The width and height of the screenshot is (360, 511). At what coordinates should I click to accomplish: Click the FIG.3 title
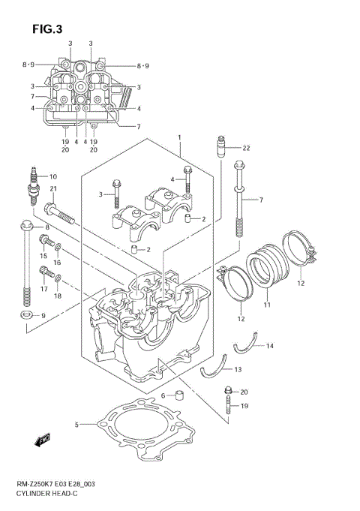[x=46, y=29]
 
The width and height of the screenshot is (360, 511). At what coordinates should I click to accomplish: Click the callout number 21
[x=53, y=188]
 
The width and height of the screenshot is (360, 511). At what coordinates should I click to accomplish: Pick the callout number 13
[x=238, y=369]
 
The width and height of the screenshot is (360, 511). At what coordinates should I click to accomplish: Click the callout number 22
[x=245, y=147]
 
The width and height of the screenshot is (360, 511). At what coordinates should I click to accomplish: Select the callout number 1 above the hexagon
[x=180, y=137]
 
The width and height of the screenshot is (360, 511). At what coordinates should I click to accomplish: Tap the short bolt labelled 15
[x=44, y=241]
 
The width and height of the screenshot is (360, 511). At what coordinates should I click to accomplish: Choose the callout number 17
[x=43, y=288]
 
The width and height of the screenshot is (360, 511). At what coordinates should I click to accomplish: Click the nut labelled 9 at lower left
[x=25, y=315]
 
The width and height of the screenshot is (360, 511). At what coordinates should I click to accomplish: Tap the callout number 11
[x=265, y=306]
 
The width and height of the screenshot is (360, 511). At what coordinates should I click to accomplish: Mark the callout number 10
[x=53, y=177]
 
